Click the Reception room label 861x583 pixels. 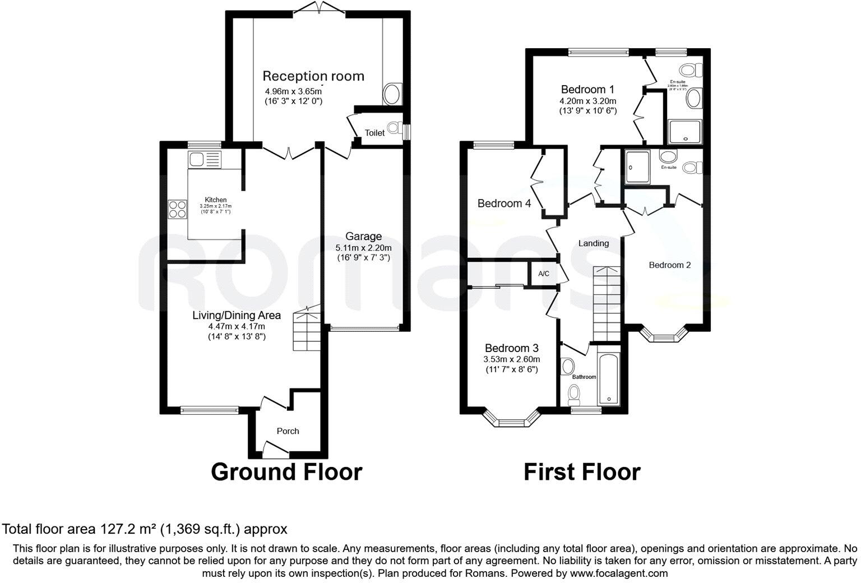[x=313, y=76]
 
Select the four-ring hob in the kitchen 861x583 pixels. [x=177, y=209]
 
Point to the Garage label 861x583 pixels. [x=363, y=237]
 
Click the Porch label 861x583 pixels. [x=288, y=431]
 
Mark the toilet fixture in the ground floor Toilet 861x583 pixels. [x=397, y=129]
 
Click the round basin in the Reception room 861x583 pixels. [x=392, y=94]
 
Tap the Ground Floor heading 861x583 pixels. [x=286, y=472]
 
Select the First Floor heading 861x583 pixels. [x=581, y=472]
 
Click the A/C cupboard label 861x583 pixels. [x=543, y=274]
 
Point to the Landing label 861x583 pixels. [x=593, y=243]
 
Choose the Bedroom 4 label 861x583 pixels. [x=504, y=203]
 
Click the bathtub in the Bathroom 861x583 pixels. [x=608, y=379]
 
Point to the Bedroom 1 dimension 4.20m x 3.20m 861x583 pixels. [x=587, y=101]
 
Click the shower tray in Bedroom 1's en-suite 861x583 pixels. [x=684, y=132]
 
